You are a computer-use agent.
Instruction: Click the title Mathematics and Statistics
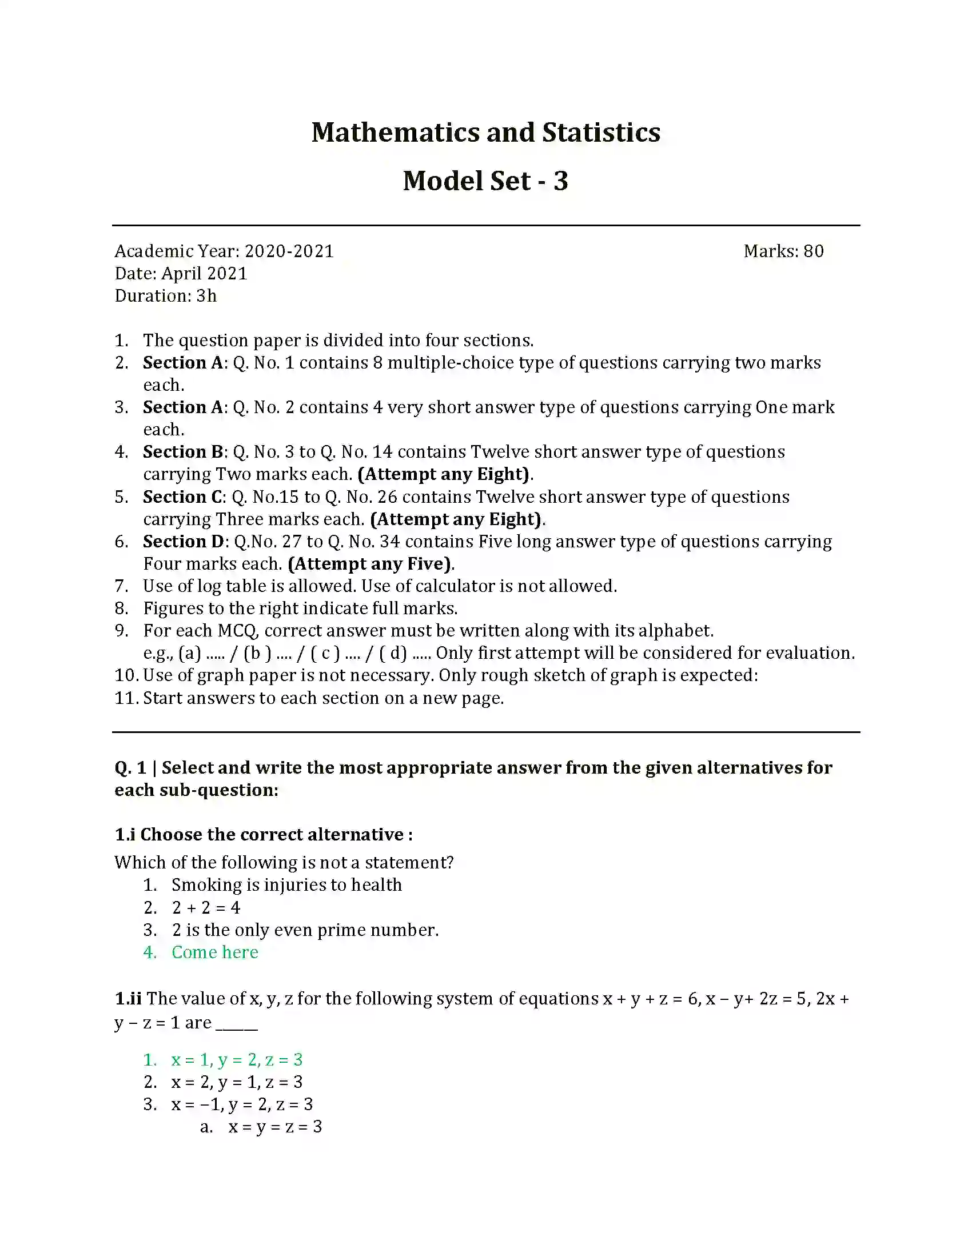[485, 133]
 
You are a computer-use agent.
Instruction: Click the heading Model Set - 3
[485, 181]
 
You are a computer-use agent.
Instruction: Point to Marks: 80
[783, 251]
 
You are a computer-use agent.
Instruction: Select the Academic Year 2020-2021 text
[224, 251]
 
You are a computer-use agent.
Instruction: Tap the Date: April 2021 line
[181, 273]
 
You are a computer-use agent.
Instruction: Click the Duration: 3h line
[166, 296]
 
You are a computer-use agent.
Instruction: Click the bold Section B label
[183, 452]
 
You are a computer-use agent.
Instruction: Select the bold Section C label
[183, 497]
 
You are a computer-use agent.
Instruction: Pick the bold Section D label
[183, 542]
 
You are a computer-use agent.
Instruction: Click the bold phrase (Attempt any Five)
[371, 564]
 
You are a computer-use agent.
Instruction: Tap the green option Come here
[215, 952]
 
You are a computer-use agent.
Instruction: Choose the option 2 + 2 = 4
[206, 908]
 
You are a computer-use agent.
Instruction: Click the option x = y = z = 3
[274, 1126]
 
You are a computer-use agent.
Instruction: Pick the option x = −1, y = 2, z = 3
[242, 1104]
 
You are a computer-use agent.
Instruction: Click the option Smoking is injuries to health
[286, 885]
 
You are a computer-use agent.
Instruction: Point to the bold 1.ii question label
[128, 999]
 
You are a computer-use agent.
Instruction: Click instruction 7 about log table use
[380, 586]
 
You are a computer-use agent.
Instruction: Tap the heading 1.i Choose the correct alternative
[263, 835]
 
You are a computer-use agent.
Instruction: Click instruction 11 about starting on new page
[323, 698]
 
